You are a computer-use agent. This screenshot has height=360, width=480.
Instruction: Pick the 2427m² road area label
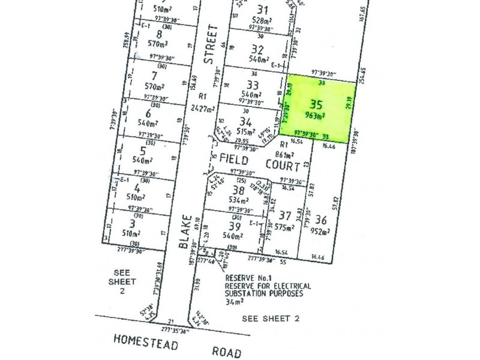click(x=203, y=109)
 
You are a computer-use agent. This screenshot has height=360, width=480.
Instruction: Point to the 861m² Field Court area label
click(x=292, y=154)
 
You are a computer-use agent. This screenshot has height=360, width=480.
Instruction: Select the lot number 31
click(x=262, y=9)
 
